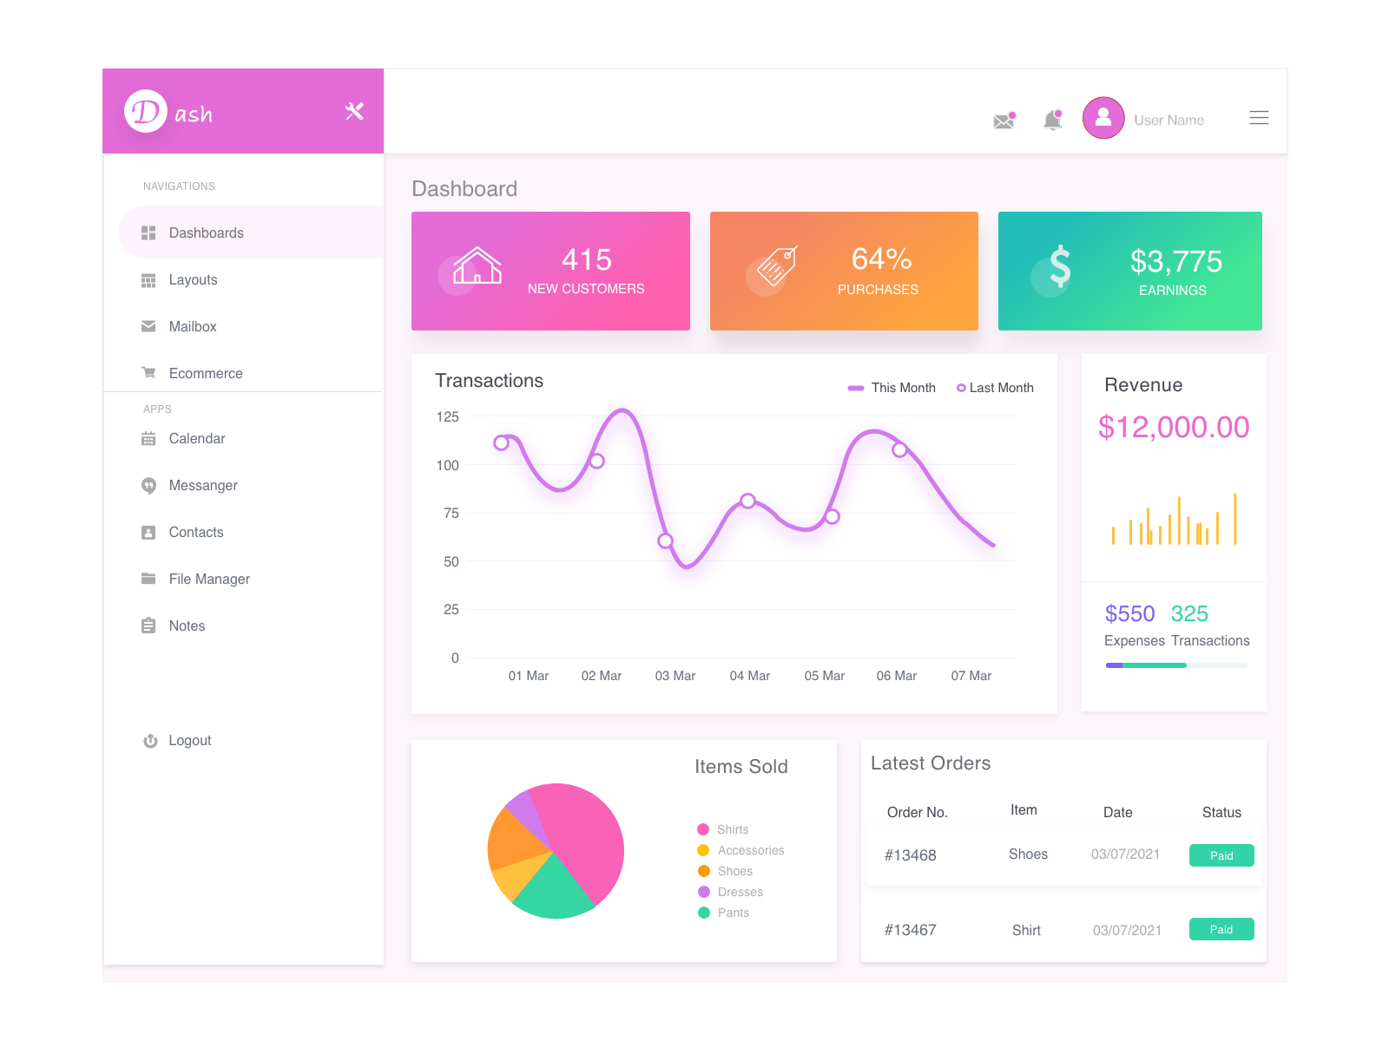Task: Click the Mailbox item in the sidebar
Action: (x=192, y=326)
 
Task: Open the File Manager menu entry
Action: (x=208, y=579)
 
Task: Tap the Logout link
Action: (x=189, y=740)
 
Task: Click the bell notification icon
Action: (x=1052, y=120)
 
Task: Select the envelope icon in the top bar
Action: (x=1004, y=121)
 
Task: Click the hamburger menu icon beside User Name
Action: (x=1259, y=118)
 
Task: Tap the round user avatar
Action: (x=1103, y=118)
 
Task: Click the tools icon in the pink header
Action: (x=354, y=111)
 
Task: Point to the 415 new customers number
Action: (x=587, y=259)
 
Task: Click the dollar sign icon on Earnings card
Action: (x=1059, y=266)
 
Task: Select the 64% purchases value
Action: (x=881, y=259)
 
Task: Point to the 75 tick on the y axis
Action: (x=451, y=513)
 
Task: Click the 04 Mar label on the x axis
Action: (x=749, y=676)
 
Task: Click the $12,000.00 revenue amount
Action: (x=1173, y=427)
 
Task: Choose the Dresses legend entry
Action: (x=740, y=892)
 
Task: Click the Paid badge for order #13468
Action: (x=1221, y=855)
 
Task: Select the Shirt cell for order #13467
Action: (x=1026, y=930)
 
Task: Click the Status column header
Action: (x=1221, y=812)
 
